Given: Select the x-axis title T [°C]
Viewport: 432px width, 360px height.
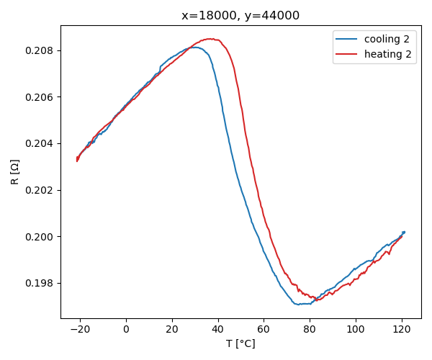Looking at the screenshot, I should (x=240, y=343).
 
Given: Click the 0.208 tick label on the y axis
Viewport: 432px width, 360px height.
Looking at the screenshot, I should (x=42, y=50).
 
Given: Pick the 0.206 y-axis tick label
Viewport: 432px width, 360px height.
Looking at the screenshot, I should (x=42, y=97).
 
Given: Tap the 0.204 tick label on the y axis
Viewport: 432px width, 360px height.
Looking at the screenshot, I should (x=42, y=143).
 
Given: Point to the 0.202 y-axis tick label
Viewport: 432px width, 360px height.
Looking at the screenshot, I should (x=42, y=190).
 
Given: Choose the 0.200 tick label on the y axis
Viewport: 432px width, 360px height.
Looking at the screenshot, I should (x=42, y=237).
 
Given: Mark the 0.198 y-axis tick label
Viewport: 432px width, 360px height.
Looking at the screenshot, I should (x=42, y=283).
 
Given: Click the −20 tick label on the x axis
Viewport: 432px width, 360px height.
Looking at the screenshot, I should (x=79, y=330).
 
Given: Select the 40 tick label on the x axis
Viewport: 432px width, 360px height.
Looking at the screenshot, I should (x=217, y=330).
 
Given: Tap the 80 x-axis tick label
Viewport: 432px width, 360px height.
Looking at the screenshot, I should (x=310, y=330).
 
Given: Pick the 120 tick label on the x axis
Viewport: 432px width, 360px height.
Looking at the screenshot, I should (x=401, y=330).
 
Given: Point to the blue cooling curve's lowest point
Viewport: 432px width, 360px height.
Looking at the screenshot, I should (x=298, y=305).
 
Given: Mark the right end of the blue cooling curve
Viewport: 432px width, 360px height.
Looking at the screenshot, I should (x=404, y=232).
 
